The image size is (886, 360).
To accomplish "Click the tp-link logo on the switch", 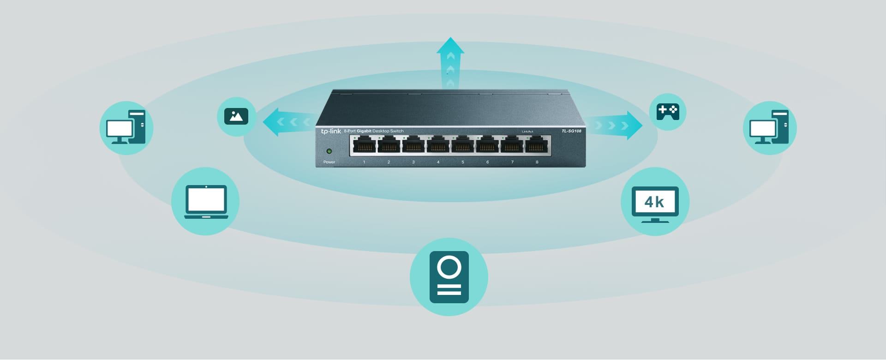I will point(331,132).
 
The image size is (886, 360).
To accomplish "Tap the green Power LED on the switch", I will point(329,151).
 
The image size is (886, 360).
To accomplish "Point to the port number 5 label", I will point(462,162).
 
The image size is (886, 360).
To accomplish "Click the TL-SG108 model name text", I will point(571,131).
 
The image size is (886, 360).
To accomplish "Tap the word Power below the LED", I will point(329,162).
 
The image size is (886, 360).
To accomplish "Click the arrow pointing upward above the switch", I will point(450,62).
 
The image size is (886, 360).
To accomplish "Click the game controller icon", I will point(667,112).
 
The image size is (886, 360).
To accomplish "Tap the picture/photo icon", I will point(236,116).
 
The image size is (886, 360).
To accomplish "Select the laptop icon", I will point(206,202).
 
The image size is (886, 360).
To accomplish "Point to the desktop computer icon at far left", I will point(126,127).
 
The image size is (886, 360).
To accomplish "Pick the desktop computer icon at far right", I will point(769,127).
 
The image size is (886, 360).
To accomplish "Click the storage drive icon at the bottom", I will point(449,277).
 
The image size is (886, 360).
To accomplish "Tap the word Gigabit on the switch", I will point(364,131).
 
